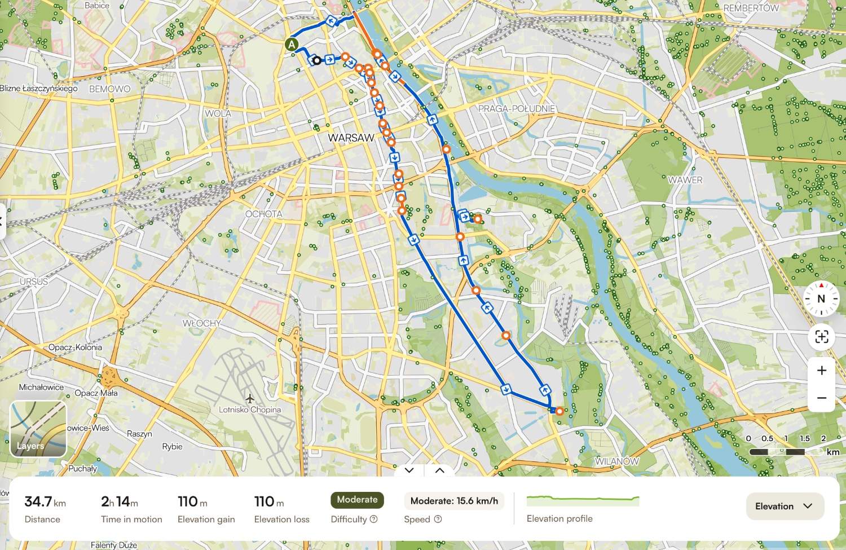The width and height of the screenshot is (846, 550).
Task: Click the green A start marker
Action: (x=291, y=45)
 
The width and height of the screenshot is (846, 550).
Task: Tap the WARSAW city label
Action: (x=351, y=138)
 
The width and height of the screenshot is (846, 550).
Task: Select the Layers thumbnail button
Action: (x=38, y=429)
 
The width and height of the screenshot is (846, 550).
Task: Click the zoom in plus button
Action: (x=821, y=371)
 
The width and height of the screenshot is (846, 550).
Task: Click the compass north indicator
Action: (x=821, y=298)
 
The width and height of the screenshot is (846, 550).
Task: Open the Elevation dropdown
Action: (x=785, y=506)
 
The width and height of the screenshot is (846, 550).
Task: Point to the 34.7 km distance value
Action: (x=45, y=501)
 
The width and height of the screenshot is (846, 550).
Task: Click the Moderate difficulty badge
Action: (x=357, y=500)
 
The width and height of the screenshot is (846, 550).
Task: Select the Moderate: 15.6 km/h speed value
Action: (x=454, y=501)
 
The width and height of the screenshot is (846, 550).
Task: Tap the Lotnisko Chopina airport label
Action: (x=250, y=410)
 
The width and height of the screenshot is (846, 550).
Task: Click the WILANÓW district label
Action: (x=617, y=461)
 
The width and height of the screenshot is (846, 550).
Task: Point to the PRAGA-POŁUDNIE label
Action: (x=516, y=108)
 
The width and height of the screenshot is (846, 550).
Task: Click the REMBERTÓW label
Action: (x=751, y=8)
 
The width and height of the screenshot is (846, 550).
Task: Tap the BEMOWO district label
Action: (x=109, y=89)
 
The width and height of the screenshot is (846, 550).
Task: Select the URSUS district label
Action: (x=34, y=281)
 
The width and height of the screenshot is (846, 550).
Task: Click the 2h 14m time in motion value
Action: (x=119, y=501)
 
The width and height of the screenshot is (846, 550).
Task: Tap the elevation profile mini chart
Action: (x=583, y=500)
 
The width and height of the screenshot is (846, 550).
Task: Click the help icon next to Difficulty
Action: (x=373, y=519)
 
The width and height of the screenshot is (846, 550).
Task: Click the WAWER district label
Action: (x=685, y=180)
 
